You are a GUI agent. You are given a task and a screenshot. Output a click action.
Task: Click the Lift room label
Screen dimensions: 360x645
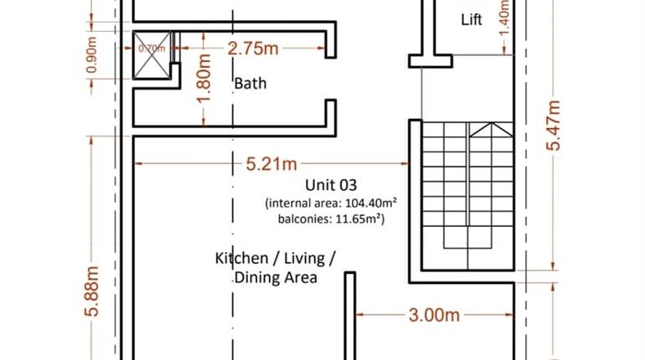coord(472,19)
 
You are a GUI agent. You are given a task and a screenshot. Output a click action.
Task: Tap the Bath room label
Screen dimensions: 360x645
coord(250,83)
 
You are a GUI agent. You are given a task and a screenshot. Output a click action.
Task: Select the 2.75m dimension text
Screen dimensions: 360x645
coord(253,49)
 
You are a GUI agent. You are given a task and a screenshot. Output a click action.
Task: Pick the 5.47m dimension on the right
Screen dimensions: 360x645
coord(554,126)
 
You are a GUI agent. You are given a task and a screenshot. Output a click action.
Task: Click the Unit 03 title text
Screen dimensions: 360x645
coord(331,185)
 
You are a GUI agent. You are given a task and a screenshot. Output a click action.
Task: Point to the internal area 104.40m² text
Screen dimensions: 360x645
coord(331,203)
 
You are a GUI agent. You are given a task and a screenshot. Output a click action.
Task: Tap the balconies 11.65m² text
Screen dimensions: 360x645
coord(331,219)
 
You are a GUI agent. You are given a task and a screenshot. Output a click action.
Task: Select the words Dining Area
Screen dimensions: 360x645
coord(276,277)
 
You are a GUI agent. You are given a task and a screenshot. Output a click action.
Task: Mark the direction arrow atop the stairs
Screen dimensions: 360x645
coord(490,129)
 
